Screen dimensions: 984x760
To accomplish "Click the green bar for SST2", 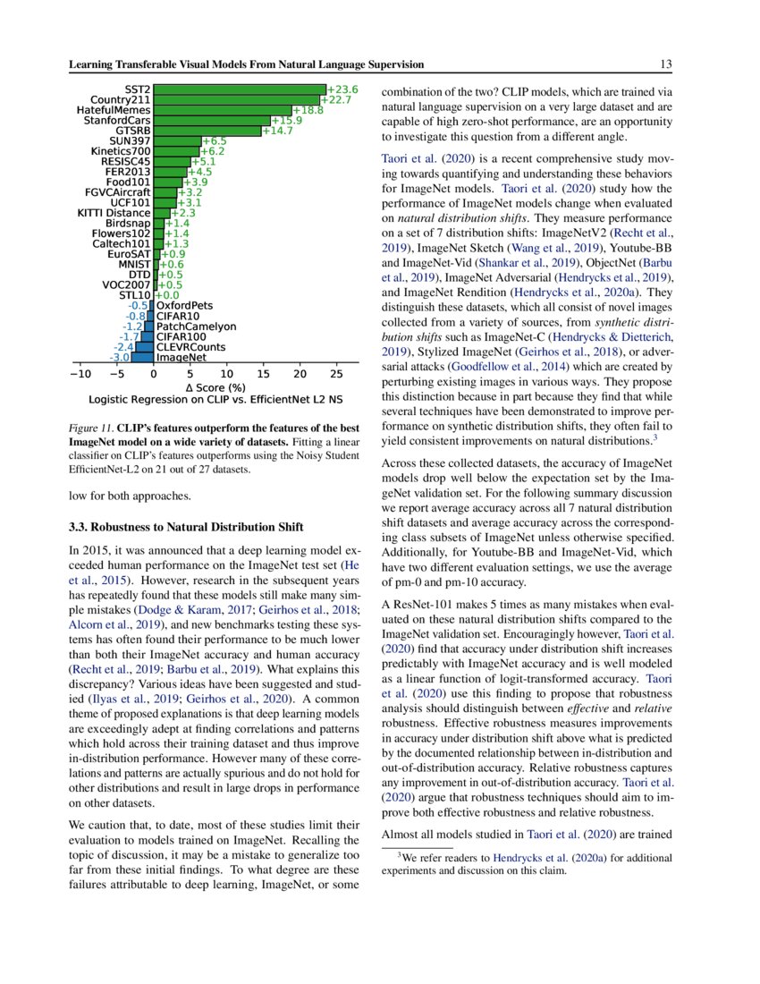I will click(239, 89).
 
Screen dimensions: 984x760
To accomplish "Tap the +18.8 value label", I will click(308, 110).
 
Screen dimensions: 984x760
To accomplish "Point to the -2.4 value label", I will click(123, 347).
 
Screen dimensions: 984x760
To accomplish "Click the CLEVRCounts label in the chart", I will click(190, 347).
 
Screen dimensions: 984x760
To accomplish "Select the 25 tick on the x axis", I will click(336, 372).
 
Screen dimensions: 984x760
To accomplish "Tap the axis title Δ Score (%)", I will click(215, 387).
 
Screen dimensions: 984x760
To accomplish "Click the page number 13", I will click(665, 64).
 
